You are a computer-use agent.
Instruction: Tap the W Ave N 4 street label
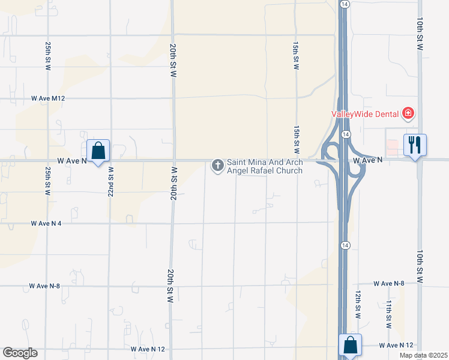(x=46, y=223)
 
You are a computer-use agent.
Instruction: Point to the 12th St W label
(x=358, y=305)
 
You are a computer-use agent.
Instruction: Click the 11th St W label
(x=389, y=313)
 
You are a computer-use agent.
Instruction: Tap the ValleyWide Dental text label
(x=365, y=113)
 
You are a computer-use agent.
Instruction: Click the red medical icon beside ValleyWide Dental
(x=408, y=113)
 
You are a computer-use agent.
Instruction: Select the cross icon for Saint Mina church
(x=217, y=164)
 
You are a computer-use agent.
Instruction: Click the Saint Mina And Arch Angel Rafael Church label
(x=264, y=166)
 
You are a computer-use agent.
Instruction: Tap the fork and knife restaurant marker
(x=415, y=145)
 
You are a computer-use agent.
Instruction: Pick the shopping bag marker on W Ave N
(x=98, y=151)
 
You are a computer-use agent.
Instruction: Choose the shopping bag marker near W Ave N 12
(x=350, y=345)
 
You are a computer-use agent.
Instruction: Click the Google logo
(x=20, y=353)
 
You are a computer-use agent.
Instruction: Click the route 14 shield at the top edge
(x=344, y=4)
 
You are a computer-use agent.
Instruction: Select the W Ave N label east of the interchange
(x=368, y=161)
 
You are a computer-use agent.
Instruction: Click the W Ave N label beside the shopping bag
(x=72, y=161)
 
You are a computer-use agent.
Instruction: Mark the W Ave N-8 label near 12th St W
(x=389, y=283)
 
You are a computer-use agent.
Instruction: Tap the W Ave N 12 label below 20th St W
(x=147, y=348)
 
